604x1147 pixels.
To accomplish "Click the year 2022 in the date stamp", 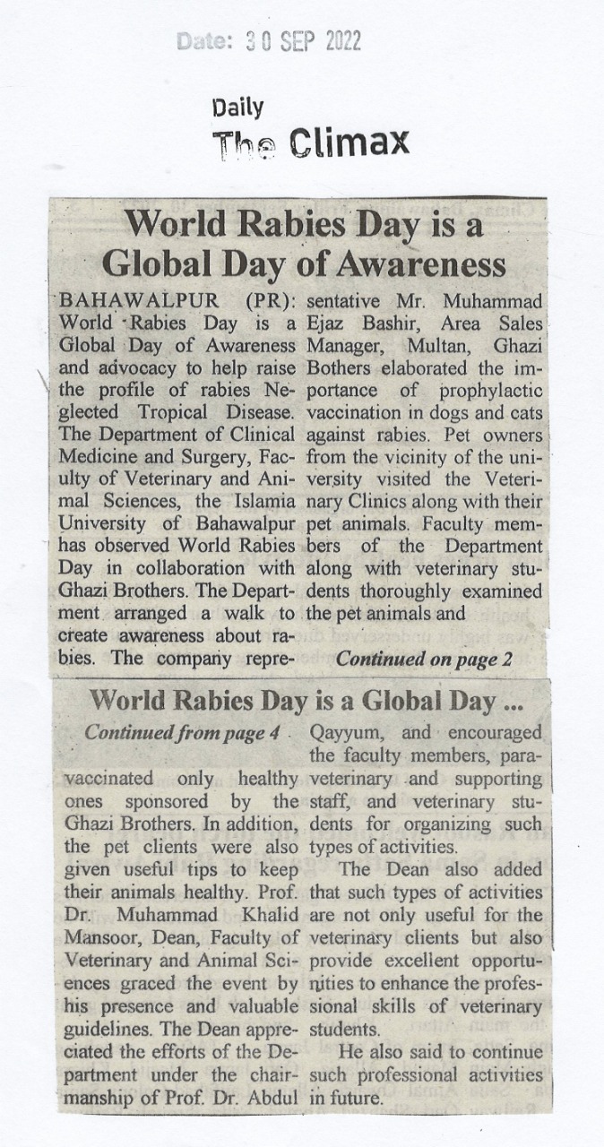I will coord(336,41).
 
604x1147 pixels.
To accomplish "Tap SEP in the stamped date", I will coord(283,41).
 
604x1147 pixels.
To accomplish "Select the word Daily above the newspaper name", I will coord(237,108).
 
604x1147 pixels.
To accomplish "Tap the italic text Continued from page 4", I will coord(177,732).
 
